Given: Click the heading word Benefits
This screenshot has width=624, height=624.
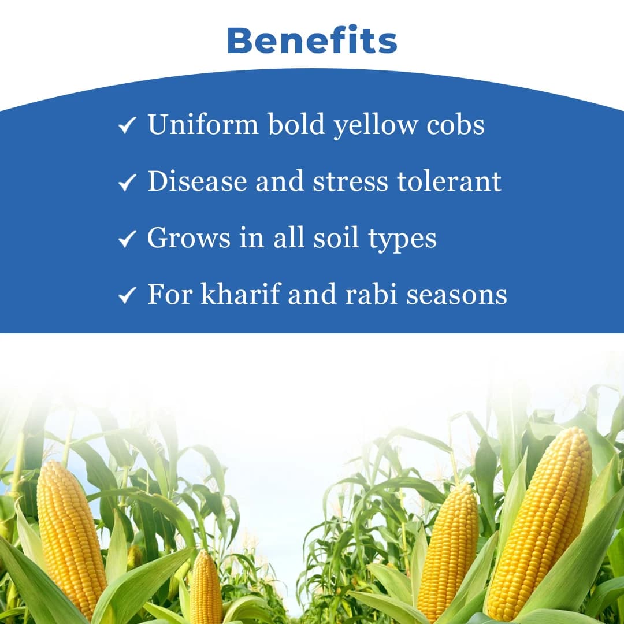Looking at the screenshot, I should (x=312, y=40).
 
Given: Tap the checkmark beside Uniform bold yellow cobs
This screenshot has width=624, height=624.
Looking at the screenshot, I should (x=127, y=125).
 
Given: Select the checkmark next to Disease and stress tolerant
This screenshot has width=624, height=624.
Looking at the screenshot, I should (x=127, y=183).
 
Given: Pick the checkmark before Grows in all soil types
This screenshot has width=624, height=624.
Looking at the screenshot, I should (x=127, y=239).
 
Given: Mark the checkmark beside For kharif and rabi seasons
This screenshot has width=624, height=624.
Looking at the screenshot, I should (x=127, y=296).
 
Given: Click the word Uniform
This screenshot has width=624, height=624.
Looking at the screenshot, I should (x=203, y=124).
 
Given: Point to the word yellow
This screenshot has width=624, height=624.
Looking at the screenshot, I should (x=376, y=125).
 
